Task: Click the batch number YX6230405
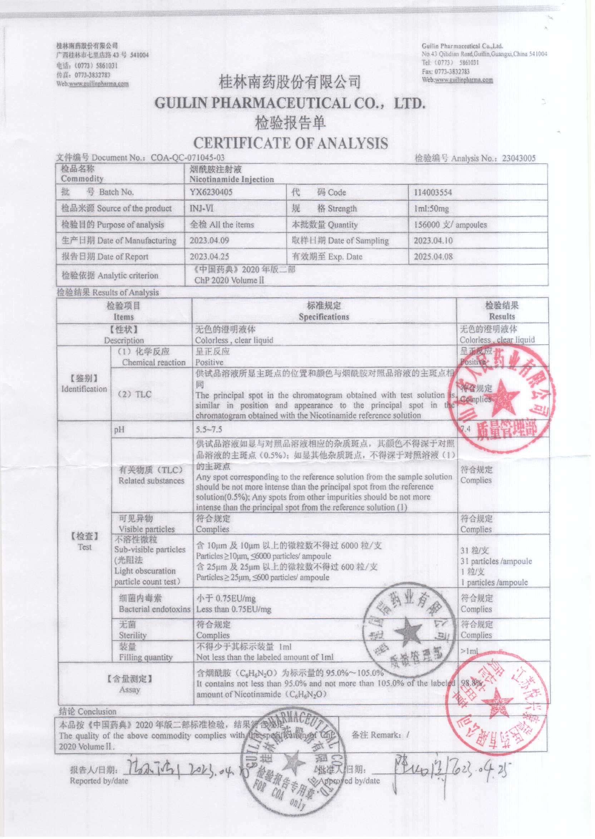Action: [211, 192]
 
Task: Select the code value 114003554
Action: [433, 193]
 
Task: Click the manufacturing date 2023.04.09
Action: [209, 241]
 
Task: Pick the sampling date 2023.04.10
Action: [433, 241]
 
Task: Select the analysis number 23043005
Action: [518, 159]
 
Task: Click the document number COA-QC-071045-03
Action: [188, 158]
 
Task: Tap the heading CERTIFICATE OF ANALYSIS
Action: [291, 143]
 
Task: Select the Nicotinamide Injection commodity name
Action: [232, 179]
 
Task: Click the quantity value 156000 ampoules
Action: [450, 225]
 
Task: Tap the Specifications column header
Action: [324, 317]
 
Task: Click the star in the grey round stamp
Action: [407, 631]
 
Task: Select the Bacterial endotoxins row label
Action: [154, 609]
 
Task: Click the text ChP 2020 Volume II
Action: [229, 281]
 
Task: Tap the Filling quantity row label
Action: [146, 657]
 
